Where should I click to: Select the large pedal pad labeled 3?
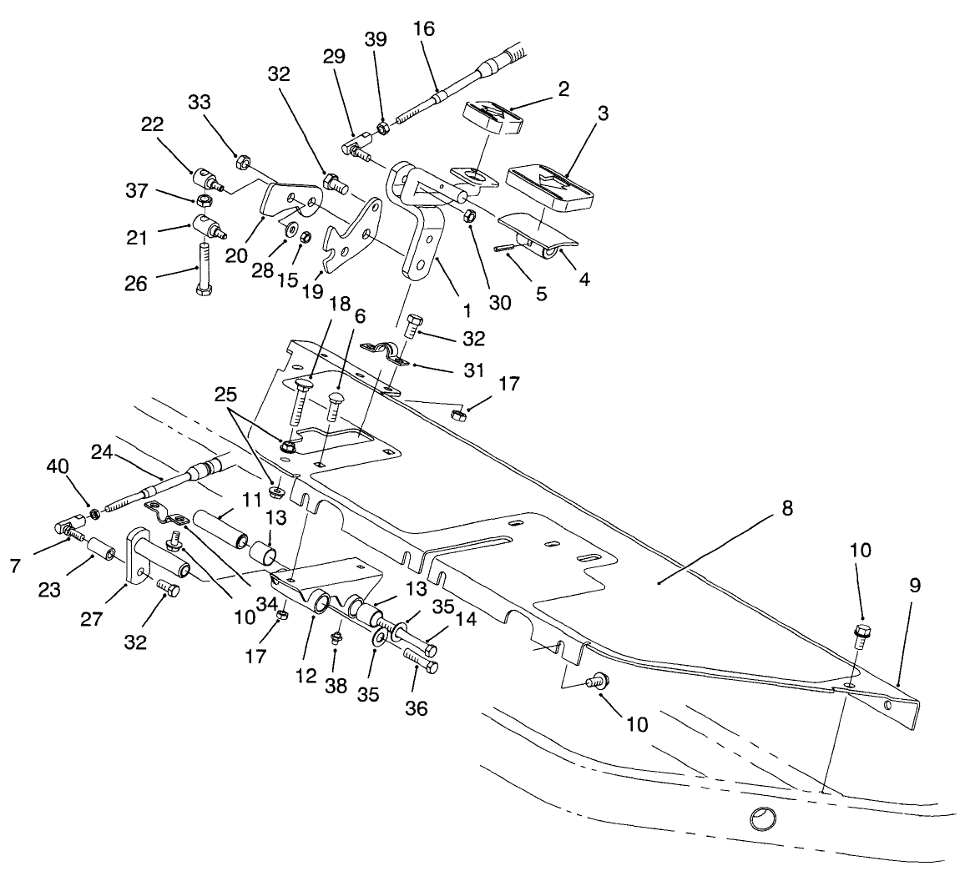click(553, 184)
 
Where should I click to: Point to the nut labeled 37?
click(203, 201)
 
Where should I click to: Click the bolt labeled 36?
click(421, 664)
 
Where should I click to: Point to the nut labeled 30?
click(469, 217)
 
